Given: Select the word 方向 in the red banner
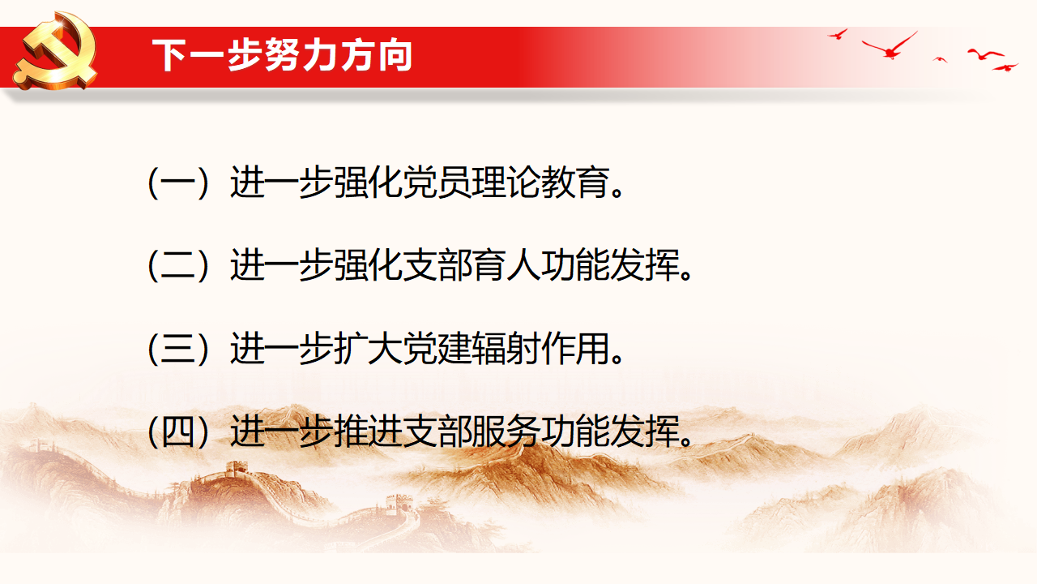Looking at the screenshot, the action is click(377, 56).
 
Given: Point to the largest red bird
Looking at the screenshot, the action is click(890, 46).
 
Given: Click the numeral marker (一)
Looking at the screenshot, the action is click(178, 182).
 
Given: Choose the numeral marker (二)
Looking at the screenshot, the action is click(178, 265).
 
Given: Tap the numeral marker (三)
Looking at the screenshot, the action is click(178, 349).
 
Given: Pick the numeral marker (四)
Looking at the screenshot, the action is click(178, 432).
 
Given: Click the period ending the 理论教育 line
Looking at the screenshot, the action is click(617, 192).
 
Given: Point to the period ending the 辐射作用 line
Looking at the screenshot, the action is click(617, 359).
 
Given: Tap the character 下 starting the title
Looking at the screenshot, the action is click(169, 56).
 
